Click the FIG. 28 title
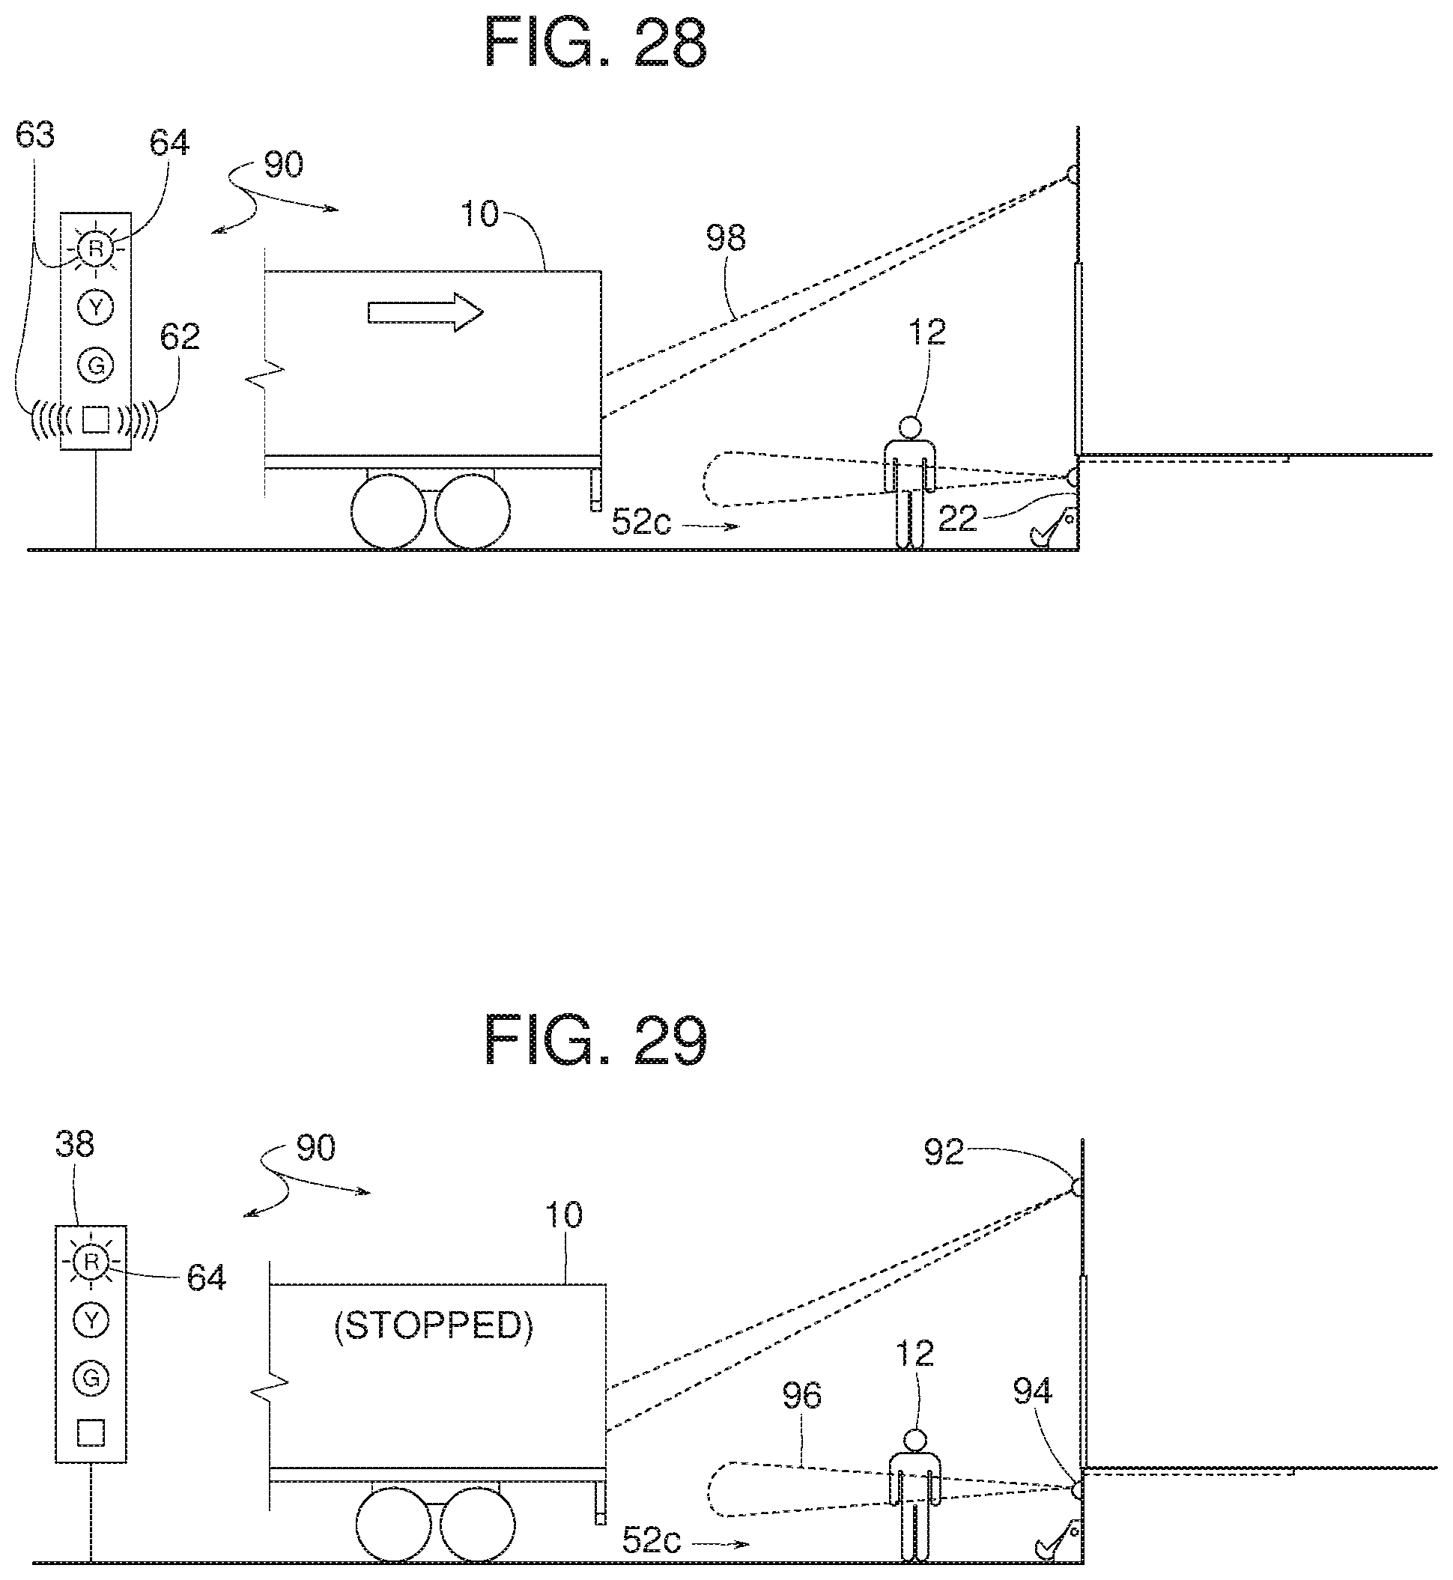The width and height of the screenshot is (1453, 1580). point(595,43)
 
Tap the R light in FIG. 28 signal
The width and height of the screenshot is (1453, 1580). point(96,249)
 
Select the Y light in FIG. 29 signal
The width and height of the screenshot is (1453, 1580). point(91,1320)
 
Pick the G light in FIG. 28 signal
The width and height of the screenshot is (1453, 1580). point(96,365)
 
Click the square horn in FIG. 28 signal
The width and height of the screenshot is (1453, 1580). point(96,419)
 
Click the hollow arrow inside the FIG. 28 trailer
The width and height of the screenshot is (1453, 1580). point(425,312)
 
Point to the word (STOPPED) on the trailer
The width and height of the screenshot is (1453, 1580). point(433,1326)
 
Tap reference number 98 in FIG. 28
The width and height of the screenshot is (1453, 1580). point(725,237)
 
